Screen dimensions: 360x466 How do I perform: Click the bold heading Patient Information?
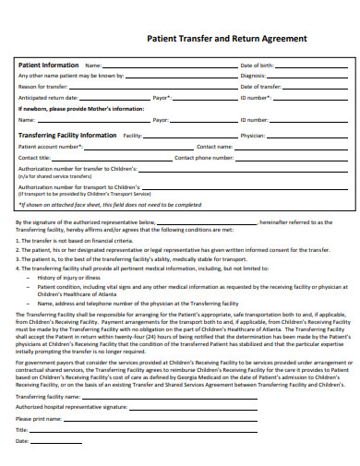(x=49, y=66)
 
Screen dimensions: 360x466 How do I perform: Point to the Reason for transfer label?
(x=42, y=86)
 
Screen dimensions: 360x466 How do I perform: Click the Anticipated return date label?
(x=48, y=97)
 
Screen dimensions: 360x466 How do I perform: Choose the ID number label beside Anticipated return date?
(x=254, y=97)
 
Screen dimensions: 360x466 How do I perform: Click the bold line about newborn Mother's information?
(x=81, y=108)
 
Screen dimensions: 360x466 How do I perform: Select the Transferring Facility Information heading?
(x=67, y=135)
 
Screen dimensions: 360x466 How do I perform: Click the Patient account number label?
(x=51, y=146)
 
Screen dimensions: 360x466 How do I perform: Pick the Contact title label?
(x=34, y=157)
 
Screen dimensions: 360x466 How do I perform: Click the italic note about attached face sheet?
(x=109, y=204)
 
